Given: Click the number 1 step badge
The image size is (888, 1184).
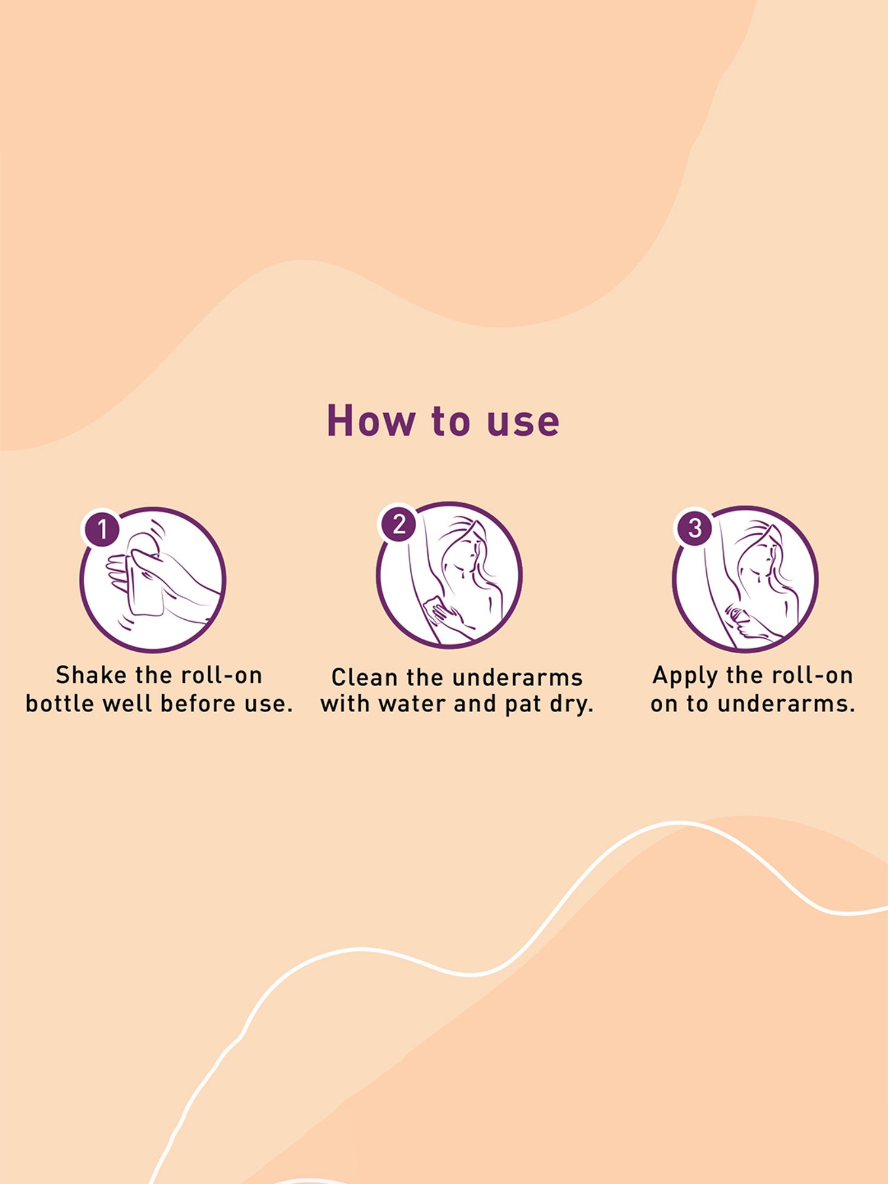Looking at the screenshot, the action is click(102, 529).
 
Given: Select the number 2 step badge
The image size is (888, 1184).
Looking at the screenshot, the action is click(399, 524).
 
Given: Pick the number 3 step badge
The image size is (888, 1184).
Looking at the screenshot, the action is click(695, 527).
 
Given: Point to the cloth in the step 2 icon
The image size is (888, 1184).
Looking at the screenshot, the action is click(434, 609).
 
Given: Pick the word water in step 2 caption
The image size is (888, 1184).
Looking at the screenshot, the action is click(413, 704).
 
